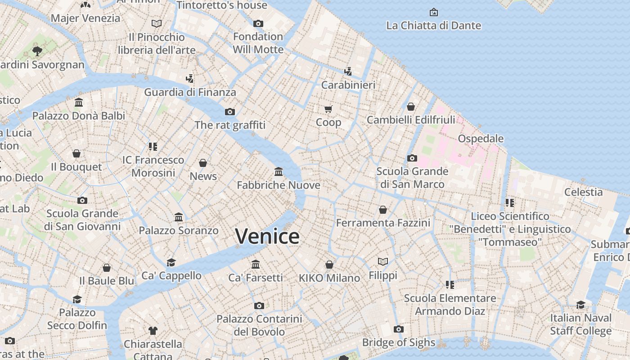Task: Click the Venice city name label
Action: (267, 236)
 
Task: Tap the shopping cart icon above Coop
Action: (328, 109)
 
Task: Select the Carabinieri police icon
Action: (348, 71)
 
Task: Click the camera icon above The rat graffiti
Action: (230, 112)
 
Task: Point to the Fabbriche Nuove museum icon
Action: (279, 172)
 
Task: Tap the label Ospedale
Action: (481, 138)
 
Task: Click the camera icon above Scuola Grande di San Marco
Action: (412, 158)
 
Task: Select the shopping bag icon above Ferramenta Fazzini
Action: (383, 210)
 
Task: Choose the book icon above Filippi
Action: (383, 261)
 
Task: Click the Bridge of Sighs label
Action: (399, 342)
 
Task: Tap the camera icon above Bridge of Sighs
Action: (398, 329)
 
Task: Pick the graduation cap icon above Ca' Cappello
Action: (171, 262)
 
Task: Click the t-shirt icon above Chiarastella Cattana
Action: (153, 331)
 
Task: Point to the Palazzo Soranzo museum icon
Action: (179, 217)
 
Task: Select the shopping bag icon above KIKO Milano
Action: (329, 265)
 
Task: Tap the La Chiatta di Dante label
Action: (433, 26)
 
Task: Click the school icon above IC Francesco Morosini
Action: (153, 146)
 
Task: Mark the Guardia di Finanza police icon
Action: (189, 79)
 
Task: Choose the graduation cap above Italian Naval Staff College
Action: (580, 305)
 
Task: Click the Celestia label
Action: (584, 192)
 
